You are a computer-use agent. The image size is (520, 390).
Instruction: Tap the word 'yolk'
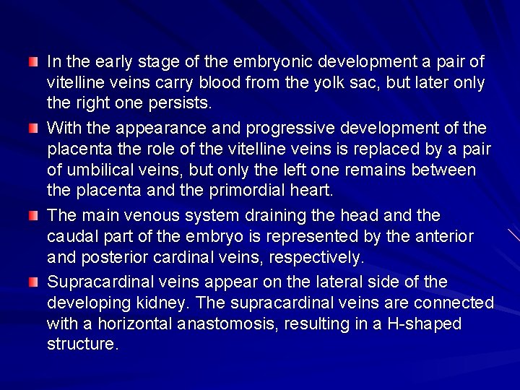pos(358,83)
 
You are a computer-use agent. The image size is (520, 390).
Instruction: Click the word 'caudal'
pos(72,235)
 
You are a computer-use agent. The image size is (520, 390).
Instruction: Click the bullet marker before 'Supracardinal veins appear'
pos(33,281)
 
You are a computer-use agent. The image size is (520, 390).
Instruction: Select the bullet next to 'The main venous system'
pos(33,215)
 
